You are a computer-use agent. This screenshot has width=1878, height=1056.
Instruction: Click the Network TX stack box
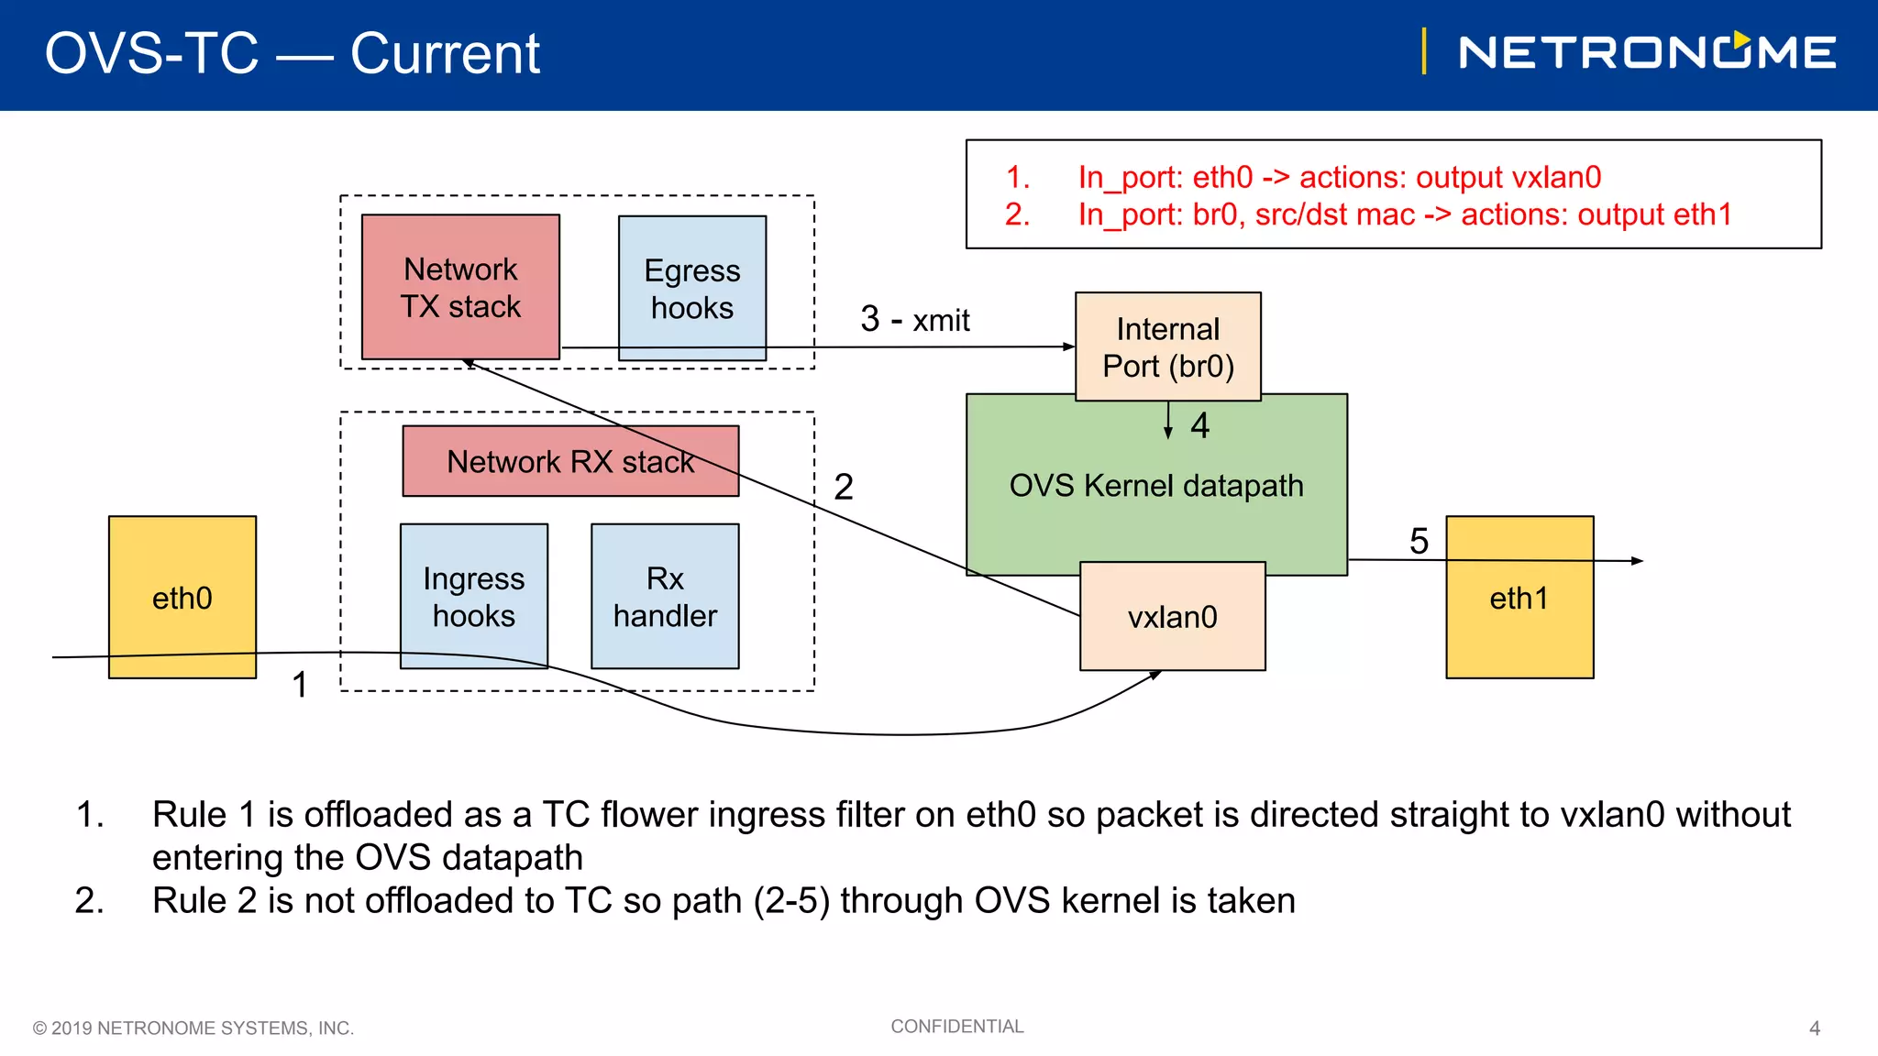pos(460,287)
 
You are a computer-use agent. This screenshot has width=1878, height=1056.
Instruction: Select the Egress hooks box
pos(692,288)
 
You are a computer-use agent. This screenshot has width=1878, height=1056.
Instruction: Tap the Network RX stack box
pos(570,461)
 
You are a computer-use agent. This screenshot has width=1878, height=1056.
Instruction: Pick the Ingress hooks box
pos(474,596)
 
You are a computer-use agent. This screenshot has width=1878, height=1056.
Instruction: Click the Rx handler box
pos(665,596)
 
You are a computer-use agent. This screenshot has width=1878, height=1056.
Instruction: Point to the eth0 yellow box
pos(182,598)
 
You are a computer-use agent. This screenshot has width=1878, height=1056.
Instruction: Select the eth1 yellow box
pos(1519,598)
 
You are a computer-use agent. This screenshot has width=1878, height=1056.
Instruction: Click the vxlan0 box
pos(1172,617)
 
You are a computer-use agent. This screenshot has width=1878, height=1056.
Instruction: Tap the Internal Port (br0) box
pos(1167,346)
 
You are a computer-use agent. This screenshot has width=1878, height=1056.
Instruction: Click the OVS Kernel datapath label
pos(1155,486)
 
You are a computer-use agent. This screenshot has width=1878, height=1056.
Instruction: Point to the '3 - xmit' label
pos(914,320)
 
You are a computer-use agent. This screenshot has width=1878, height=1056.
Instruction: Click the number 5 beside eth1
pos(1419,541)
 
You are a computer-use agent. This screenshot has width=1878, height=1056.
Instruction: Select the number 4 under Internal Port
pos(1200,425)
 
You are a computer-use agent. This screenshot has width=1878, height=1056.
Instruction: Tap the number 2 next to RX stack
pos(844,487)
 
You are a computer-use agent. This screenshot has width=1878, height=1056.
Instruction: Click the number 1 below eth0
pos(300,685)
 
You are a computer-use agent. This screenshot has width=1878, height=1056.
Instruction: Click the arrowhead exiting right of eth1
pos(1638,561)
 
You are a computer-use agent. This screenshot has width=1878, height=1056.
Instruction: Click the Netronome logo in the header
pos(1646,52)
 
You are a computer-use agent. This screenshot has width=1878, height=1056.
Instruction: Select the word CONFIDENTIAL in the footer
pos(956,1027)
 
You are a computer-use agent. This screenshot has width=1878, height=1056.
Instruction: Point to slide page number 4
pos(1814,1028)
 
